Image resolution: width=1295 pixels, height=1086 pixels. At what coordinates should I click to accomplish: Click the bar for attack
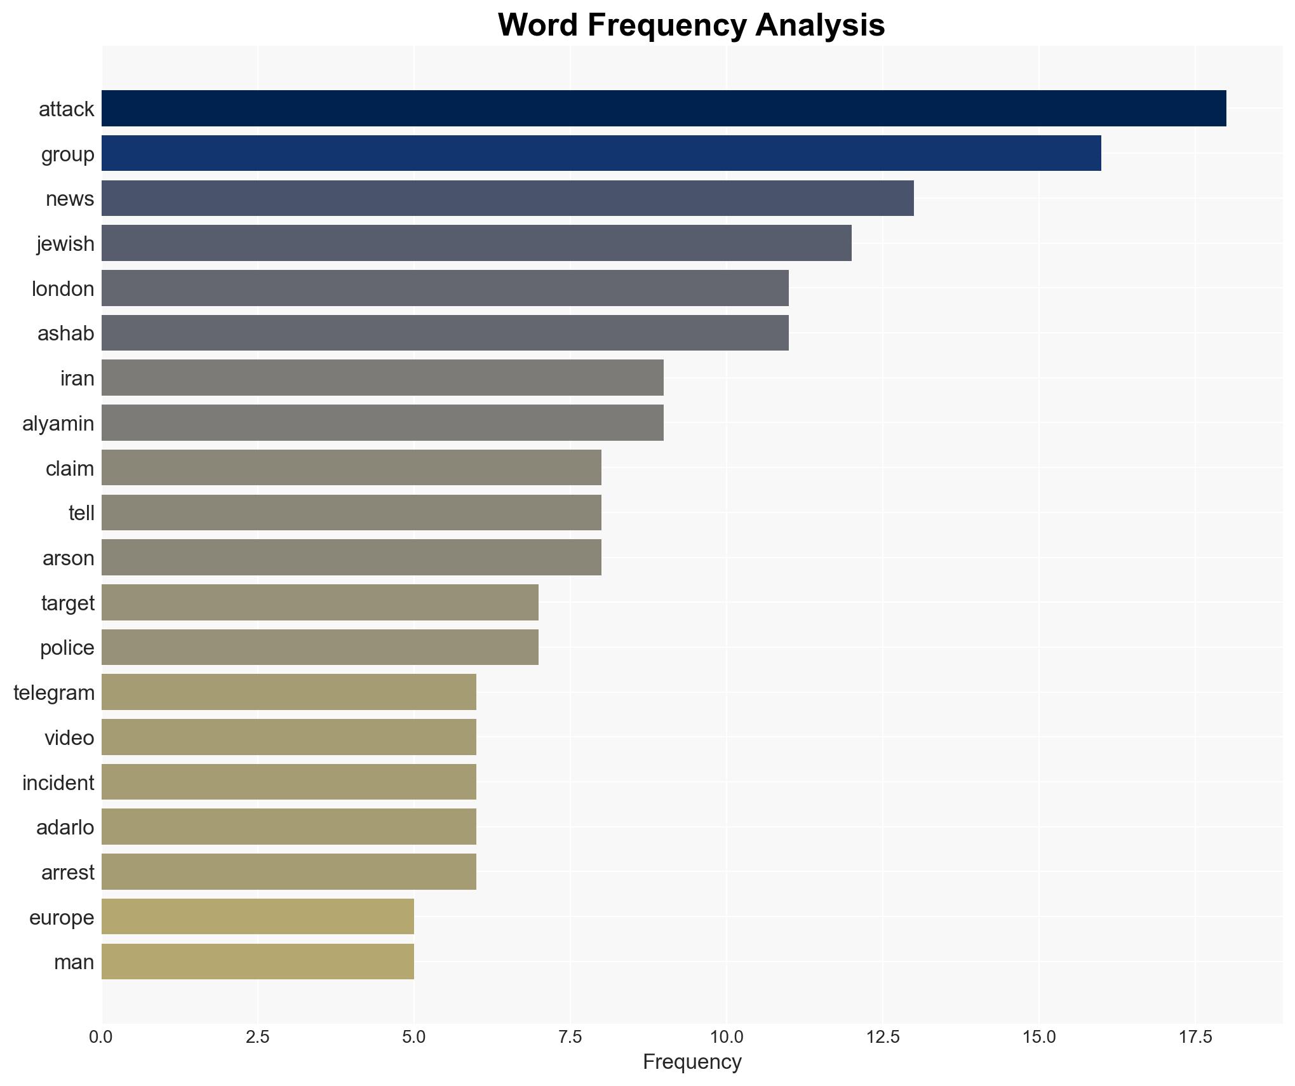tap(664, 108)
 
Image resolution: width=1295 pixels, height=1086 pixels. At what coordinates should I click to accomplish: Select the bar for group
tap(601, 153)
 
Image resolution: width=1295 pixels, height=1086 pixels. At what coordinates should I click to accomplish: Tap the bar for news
tap(507, 198)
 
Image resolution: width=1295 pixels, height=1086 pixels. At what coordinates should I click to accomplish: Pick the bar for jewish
tap(476, 243)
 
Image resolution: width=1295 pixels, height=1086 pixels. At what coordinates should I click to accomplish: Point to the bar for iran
tap(382, 378)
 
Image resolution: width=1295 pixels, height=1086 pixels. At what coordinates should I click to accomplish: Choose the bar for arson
tap(351, 558)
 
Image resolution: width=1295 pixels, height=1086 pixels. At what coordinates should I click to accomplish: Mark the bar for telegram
tap(289, 692)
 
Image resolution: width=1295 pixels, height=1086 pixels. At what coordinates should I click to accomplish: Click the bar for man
tap(258, 962)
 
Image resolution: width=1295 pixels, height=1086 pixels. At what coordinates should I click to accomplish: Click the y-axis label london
tap(63, 289)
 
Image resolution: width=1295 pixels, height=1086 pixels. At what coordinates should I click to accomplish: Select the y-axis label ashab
tap(65, 333)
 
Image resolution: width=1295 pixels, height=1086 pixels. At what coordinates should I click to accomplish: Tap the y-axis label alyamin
tap(58, 424)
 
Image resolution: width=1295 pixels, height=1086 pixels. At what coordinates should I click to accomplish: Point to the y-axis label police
tap(67, 648)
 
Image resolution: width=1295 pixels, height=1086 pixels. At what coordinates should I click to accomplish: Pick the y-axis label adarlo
tap(65, 828)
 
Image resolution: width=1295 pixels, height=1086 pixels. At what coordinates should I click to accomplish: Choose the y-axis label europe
tap(62, 918)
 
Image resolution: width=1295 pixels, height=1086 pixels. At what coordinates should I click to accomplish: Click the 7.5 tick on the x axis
tap(570, 1037)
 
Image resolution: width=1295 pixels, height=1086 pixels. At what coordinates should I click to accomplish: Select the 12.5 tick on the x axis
tap(883, 1037)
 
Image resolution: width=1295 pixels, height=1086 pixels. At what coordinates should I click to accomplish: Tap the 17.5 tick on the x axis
tap(1195, 1037)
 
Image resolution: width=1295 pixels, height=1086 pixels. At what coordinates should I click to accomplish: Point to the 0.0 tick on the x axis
tap(102, 1037)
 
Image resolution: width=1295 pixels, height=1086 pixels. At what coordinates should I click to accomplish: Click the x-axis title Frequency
tap(692, 1062)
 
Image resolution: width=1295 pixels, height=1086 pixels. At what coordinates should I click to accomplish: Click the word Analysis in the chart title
tap(820, 25)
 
